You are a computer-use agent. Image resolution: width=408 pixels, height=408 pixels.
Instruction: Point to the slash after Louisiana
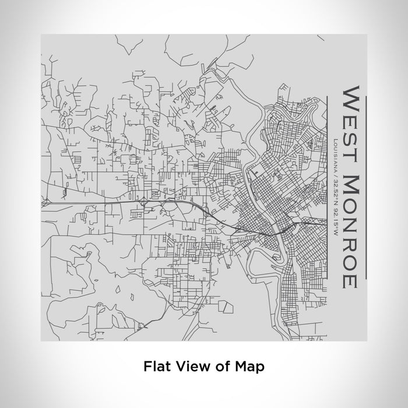pos(332,176)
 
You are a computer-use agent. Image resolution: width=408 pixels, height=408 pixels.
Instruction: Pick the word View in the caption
pos(188,367)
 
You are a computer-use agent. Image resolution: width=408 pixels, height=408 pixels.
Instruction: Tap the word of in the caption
pos(218,367)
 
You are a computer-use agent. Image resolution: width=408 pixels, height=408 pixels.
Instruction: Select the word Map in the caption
pos(249,367)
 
